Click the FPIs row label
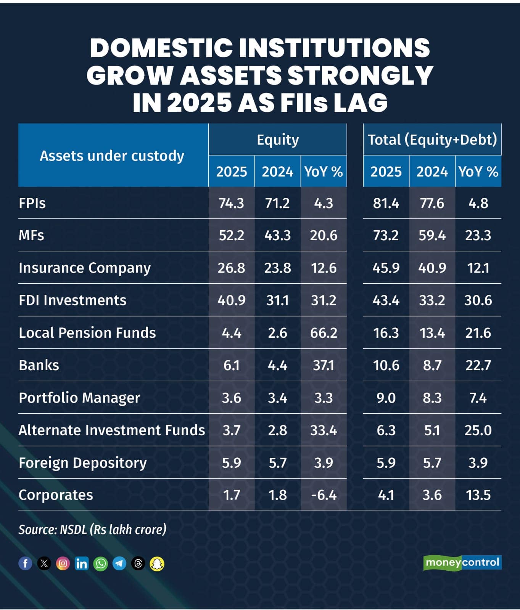(32, 203)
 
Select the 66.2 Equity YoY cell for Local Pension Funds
(324, 333)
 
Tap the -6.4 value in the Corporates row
(324, 495)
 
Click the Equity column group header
(278, 140)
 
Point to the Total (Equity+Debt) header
(432, 140)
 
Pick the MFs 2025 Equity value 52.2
(232, 235)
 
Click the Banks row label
(39, 365)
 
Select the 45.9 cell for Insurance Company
(386, 268)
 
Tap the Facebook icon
(26, 563)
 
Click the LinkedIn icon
(82, 563)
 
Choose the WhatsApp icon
(101, 563)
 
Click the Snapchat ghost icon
(157, 563)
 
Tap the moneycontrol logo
(462, 562)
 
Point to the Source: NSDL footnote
(93, 530)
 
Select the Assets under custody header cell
(112, 156)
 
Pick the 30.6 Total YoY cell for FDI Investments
(478, 300)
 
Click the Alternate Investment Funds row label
(112, 430)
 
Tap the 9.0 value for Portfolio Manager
(386, 398)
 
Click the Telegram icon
(119, 563)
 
